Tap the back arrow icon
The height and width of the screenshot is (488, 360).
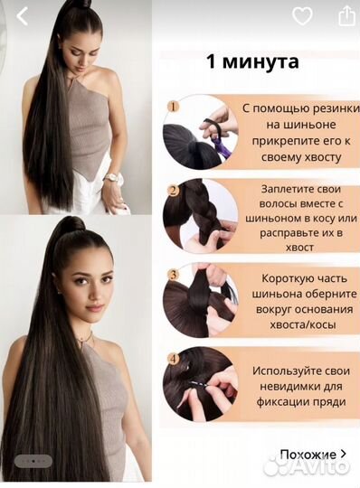pos(23,16)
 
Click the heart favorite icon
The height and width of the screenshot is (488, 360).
pos(303,16)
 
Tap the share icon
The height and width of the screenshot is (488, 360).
pos(345,16)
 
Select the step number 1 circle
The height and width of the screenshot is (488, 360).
pos(173,107)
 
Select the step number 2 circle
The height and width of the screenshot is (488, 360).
pos(173,191)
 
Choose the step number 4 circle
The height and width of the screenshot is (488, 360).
pos(173,358)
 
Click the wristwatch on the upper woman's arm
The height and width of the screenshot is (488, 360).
pos(109,178)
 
